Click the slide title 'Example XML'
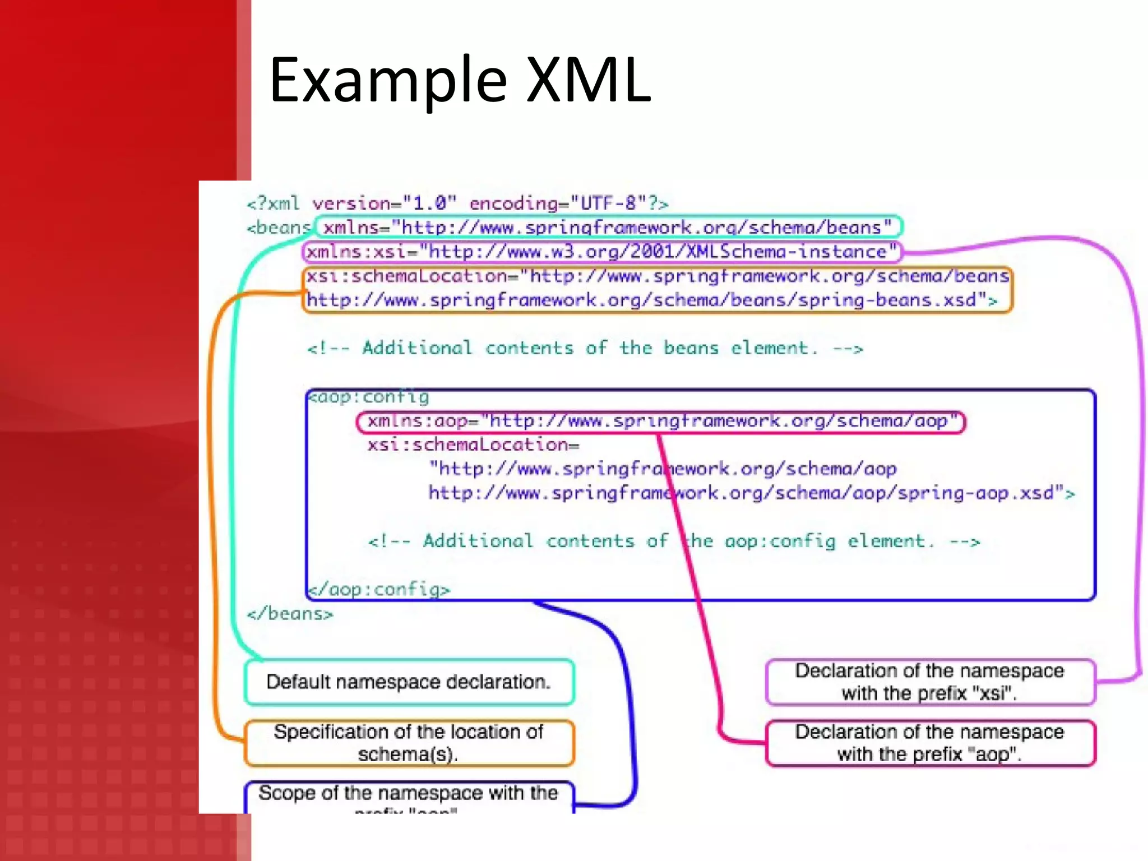point(460,80)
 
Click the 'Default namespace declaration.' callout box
point(409,682)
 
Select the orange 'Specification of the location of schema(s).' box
point(409,743)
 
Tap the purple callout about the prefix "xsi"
point(929,682)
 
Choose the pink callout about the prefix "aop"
point(929,743)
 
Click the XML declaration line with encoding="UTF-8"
point(457,203)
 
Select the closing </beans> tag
point(290,613)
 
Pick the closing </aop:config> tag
point(380,589)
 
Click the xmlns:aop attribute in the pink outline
point(660,421)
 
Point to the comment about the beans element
point(585,348)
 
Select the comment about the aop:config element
point(674,541)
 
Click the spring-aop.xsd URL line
point(751,493)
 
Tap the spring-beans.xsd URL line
point(651,300)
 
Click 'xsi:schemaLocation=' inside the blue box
point(473,445)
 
